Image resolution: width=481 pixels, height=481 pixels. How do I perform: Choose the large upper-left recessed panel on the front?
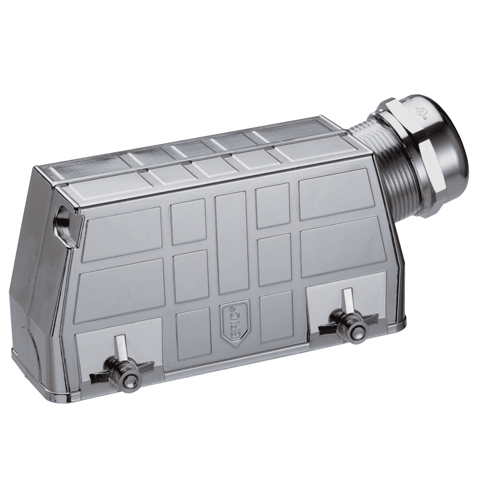coord(122,234)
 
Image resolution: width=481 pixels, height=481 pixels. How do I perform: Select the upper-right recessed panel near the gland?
coord(336,193)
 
